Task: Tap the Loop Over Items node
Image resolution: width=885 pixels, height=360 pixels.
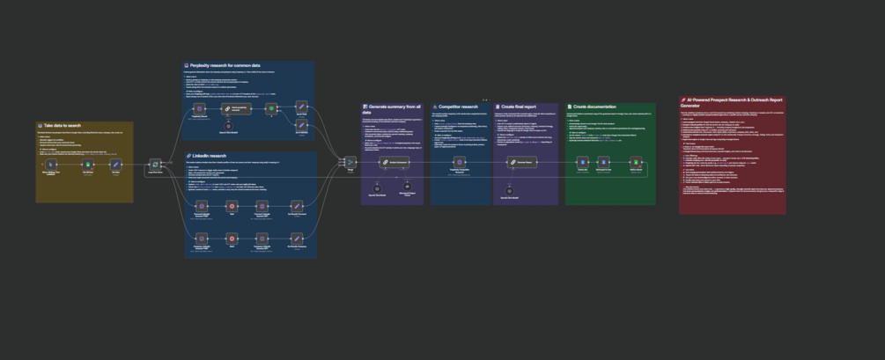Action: coord(155,164)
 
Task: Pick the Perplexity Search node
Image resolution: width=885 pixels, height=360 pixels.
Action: coord(200,108)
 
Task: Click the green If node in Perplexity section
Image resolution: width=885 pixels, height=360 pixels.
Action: coord(272,108)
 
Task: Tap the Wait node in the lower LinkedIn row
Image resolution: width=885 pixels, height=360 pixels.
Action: coord(232,239)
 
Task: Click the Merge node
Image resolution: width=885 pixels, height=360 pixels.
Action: coord(350,162)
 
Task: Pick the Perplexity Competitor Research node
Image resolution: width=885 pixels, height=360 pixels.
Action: coord(459,162)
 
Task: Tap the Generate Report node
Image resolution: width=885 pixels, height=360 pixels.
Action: coord(522,162)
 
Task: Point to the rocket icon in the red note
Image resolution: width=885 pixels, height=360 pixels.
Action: coord(684,99)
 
